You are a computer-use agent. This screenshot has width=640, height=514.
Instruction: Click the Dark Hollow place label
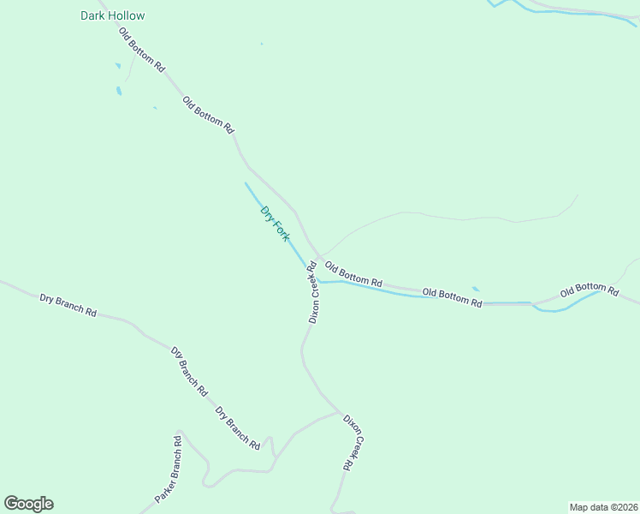[112, 15]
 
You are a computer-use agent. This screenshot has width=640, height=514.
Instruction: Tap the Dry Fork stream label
[275, 223]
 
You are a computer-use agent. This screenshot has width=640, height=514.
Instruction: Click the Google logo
[28, 504]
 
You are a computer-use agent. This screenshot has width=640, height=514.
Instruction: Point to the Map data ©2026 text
[604, 507]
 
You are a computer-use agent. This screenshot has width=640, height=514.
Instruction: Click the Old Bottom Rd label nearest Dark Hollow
[142, 49]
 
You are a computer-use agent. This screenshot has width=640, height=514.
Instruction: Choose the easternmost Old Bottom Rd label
[590, 290]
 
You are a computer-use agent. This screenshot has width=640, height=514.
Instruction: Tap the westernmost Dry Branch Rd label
[68, 304]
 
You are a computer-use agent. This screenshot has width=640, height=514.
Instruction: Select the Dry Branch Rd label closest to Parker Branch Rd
[237, 427]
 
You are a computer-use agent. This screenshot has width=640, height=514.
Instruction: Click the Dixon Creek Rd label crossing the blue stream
[313, 291]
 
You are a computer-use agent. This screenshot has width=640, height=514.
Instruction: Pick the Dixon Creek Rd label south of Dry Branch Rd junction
[354, 442]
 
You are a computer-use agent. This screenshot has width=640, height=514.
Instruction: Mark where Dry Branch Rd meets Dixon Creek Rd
[340, 412]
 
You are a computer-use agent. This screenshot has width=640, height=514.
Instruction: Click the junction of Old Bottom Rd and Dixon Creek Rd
[318, 257]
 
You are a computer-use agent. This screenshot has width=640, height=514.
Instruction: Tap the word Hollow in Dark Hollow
[127, 15]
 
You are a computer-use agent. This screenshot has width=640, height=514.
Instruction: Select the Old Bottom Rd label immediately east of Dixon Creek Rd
[353, 275]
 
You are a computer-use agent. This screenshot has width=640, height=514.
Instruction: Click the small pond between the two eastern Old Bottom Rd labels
[476, 289]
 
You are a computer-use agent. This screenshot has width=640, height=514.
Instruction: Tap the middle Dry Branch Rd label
[189, 370]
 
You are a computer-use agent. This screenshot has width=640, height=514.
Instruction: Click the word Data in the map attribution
[595, 507]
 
